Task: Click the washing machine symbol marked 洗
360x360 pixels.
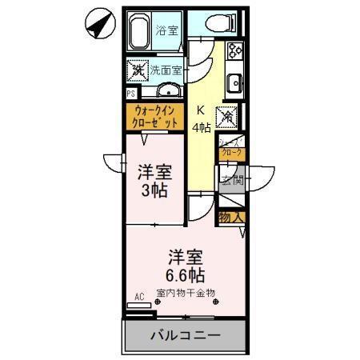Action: [x=137, y=70]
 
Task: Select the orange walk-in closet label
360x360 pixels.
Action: [x=155, y=118]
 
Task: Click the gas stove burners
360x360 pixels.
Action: [x=236, y=51]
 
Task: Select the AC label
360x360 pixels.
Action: [x=139, y=297]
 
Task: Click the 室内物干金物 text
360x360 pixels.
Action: [x=186, y=293]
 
